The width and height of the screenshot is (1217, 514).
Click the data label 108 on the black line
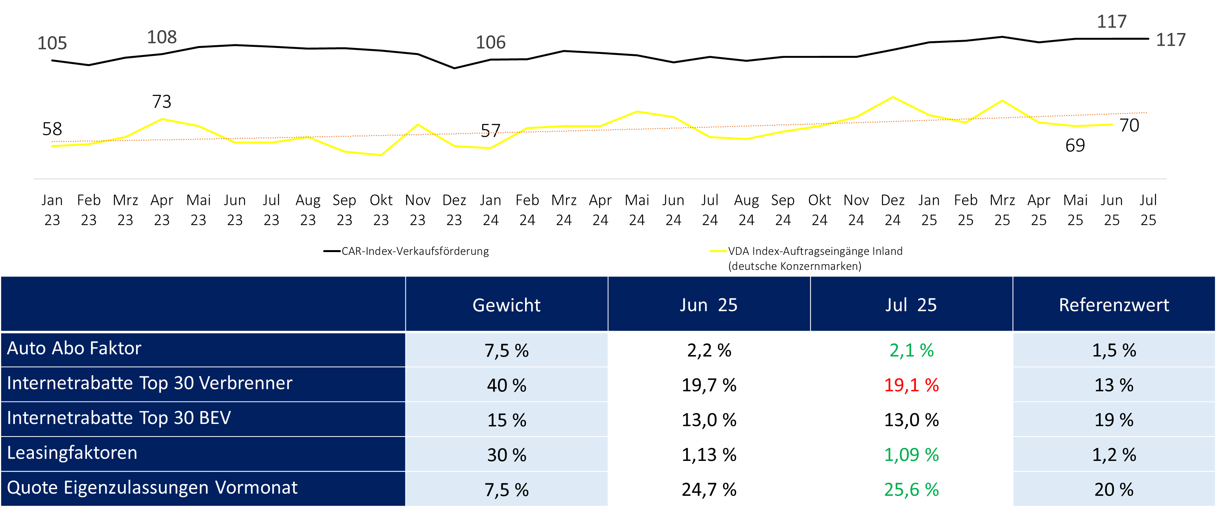pos(162,37)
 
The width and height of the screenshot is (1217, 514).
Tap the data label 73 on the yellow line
pos(162,101)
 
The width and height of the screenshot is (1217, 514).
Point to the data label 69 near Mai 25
pos(1075,146)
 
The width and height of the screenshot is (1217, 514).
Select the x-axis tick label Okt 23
pos(381,210)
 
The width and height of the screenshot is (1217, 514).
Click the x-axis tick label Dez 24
pos(892,210)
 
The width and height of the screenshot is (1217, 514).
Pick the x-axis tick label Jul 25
pos(1148,210)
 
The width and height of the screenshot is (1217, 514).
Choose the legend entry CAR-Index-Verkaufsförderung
pos(415,251)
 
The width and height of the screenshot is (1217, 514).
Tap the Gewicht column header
pos(507,305)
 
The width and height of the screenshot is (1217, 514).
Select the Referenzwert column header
pos(1114,305)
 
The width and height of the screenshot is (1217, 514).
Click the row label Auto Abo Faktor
pos(74,348)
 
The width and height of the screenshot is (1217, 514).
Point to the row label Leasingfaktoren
pos(72,453)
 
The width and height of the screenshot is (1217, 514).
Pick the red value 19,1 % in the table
pos(911,385)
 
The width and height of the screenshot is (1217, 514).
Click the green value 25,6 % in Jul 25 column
pos(911,490)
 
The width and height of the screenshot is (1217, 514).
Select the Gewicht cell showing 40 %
pos(507,385)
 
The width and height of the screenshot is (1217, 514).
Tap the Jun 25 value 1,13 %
pos(708,455)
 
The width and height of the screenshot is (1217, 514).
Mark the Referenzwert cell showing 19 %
pos(1114,420)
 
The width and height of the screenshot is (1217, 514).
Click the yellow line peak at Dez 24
pos(892,97)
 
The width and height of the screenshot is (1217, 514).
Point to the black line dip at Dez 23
pos(455,68)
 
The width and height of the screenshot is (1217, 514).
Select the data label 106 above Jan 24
pos(490,42)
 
